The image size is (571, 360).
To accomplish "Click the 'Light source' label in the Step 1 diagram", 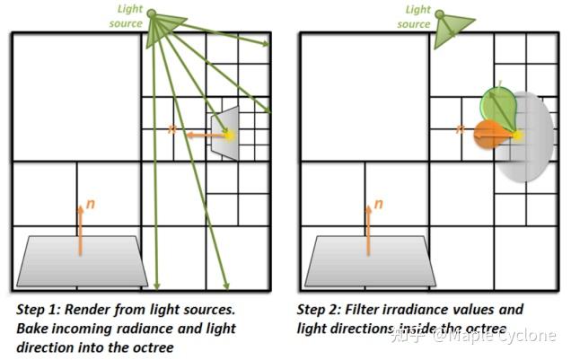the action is pyautogui.click(x=129, y=16).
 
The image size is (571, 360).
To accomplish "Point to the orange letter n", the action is pyautogui.click(x=91, y=205).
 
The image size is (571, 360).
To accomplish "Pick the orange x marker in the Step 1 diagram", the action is pyautogui.click(x=171, y=130).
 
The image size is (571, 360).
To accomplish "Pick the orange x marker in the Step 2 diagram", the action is pyautogui.click(x=460, y=130).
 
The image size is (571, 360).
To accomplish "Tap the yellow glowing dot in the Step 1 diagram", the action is pyautogui.click(x=229, y=135).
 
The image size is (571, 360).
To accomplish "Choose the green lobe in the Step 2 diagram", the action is pyautogui.click(x=497, y=105).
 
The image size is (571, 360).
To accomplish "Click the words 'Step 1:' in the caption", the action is pyautogui.click(x=33, y=310).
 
